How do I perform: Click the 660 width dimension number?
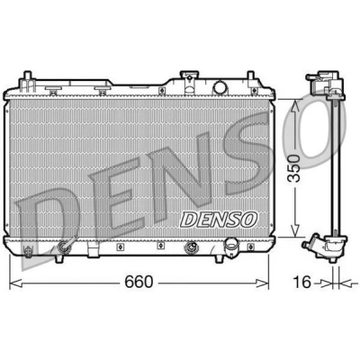click(139, 282)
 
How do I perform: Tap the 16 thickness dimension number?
click(301, 282)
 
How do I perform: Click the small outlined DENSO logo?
click(219, 220)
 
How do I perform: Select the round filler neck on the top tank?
click(220, 87)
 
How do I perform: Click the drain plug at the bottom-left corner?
click(28, 251)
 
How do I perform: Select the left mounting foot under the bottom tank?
click(58, 258)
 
